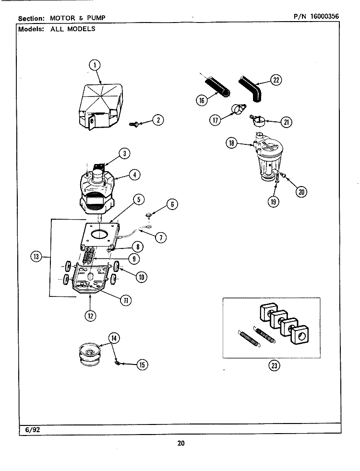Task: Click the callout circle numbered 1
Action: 95,65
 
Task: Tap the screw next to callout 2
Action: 135,124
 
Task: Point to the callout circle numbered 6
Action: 171,204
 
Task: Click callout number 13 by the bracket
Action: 36,257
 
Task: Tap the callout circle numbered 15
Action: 141,365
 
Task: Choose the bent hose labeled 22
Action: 251,88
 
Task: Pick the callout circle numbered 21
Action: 286,122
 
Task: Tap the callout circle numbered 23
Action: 274,365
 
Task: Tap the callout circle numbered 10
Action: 142,277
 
